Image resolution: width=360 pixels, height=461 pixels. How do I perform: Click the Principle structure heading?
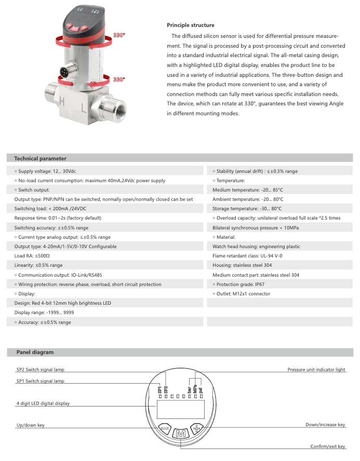pos(190,25)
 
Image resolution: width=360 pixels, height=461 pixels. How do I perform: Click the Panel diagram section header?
pos(35,352)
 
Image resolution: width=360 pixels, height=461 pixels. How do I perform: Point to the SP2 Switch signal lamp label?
pos(41,370)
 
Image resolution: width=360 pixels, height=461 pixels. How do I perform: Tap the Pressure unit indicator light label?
pos(316,370)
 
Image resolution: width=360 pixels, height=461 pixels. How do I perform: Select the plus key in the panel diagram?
pos(198,429)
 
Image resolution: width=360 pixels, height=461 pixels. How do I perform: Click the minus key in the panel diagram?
pos(164,429)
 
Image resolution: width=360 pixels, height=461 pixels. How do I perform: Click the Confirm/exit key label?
pos(328,446)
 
